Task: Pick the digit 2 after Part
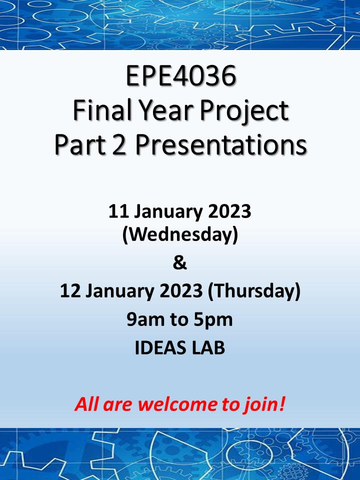[119, 144]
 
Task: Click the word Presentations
[220, 144]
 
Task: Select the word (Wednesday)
[180, 235]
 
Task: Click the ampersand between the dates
[179, 262]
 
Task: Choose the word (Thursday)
[254, 291]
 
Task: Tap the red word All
[87, 404]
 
